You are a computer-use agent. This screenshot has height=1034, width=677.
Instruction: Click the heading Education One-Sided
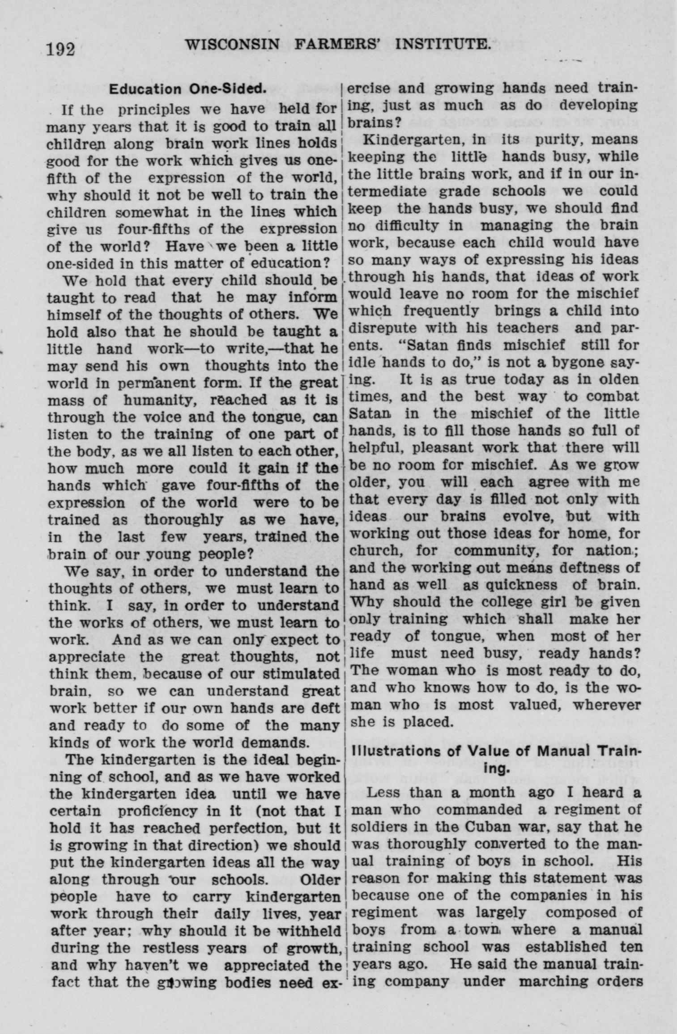point(188,89)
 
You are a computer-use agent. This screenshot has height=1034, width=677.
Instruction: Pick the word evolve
point(526,516)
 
